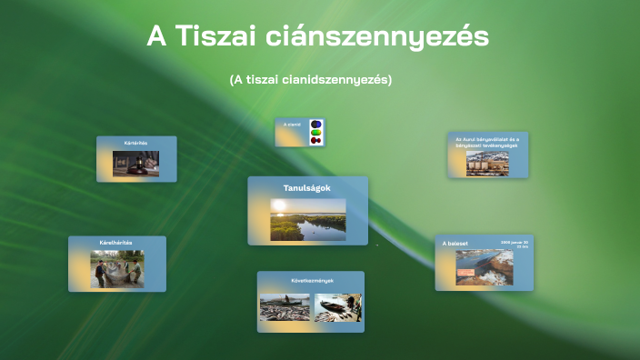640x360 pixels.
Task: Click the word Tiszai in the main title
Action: click(215, 37)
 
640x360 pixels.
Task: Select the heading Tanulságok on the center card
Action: click(307, 188)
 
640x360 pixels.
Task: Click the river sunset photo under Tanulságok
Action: click(307, 219)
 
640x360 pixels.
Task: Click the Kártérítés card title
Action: click(136, 144)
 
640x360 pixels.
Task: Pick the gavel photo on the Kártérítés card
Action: click(136, 164)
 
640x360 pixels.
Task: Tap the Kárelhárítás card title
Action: click(116, 243)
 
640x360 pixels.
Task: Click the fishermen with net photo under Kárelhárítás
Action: click(117, 269)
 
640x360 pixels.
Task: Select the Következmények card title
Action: click(310, 280)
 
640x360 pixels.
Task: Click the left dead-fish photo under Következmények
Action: click(285, 307)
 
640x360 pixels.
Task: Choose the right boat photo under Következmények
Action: click(337, 307)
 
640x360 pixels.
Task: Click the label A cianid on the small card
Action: click(292, 124)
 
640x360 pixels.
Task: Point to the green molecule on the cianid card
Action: click(315, 132)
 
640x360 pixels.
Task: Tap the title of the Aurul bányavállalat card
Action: click(487, 143)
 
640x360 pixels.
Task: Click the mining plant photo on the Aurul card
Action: click(488, 164)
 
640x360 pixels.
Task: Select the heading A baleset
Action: click(455, 244)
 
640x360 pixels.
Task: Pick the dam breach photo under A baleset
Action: click(484, 268)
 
